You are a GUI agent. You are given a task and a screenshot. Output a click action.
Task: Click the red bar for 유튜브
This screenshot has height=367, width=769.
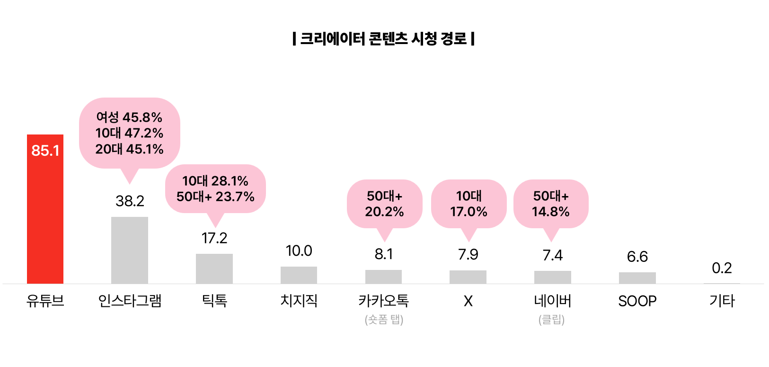(45, 218)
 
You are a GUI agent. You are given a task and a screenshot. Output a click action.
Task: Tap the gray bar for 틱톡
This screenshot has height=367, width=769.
(214, 269)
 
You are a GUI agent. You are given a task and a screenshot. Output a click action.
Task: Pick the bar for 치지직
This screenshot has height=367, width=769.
(299, 275)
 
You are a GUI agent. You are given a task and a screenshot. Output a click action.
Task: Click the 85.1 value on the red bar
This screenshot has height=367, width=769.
(45, 151)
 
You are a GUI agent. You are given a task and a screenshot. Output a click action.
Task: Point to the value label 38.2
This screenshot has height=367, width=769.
(130, 201)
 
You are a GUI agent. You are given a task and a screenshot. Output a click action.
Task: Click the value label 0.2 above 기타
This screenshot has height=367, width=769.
(722, 268)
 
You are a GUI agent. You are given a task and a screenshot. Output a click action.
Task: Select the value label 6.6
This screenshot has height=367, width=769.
(637, 257)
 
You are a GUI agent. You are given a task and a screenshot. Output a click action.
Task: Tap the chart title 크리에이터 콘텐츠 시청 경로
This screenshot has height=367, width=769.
(384, 38)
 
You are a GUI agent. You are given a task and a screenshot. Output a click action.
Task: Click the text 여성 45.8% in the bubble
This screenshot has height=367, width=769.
(129, 117)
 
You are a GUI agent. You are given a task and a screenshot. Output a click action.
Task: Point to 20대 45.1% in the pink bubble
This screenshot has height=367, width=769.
(129, 149)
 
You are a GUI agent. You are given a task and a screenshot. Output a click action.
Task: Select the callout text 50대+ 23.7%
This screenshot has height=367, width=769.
(215, 197)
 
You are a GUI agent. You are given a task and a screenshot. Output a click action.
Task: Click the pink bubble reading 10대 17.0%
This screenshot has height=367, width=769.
(468, 204)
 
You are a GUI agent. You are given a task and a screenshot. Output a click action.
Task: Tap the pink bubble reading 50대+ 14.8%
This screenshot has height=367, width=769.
(551, 204)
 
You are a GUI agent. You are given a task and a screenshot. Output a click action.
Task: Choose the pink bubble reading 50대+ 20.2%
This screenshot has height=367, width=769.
(384, 204)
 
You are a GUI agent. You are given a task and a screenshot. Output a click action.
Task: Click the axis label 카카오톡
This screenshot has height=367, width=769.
(384, 301)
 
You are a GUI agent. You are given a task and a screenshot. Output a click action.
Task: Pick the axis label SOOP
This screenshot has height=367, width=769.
(637, 301)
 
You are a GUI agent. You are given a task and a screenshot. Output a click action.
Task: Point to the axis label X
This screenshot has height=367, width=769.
(468, 301)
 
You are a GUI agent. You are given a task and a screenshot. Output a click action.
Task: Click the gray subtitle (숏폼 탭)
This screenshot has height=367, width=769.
(384, 320)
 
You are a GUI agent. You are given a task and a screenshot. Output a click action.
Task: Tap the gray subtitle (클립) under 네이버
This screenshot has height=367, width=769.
(551, 320)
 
